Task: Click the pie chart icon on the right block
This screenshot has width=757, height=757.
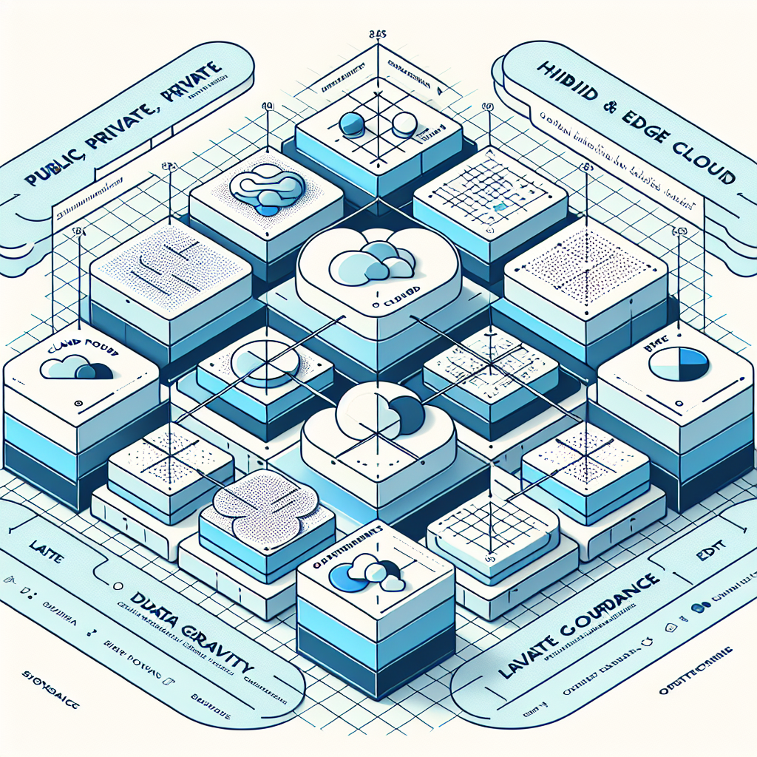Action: pos(678,363)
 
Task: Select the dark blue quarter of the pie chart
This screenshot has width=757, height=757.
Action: pos(693,358)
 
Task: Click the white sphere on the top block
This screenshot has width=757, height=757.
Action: pos(403,124)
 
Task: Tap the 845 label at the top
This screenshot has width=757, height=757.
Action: pos(378,33)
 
